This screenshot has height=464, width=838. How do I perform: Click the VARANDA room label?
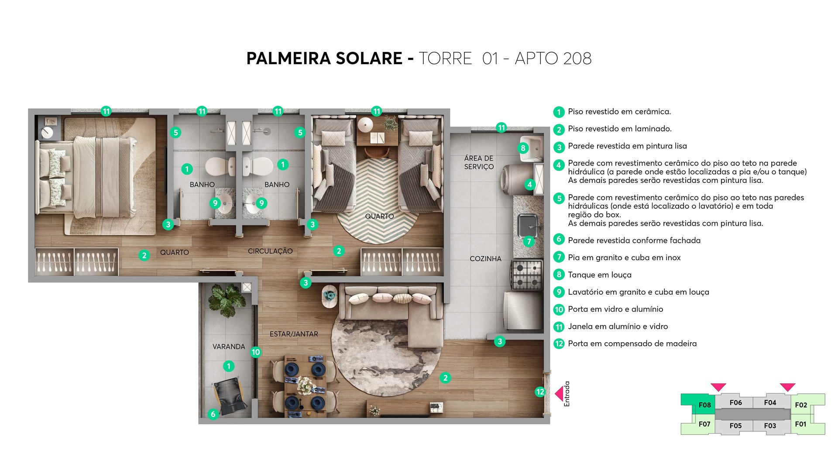coord(229,347)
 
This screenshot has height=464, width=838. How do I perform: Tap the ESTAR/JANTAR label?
coord(294,334)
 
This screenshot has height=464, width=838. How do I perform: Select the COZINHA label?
coord(485,258)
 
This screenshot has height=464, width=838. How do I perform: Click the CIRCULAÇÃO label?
coord(270,251)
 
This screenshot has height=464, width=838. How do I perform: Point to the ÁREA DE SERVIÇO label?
coord(479,162)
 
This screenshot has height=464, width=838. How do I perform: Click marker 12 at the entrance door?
coord(540,392)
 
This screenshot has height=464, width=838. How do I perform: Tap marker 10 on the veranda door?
coord(256,352)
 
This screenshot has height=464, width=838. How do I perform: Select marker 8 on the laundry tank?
coord(523,148)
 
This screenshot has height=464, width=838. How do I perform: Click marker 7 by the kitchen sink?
coord(529,241)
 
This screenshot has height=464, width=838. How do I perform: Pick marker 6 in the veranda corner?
coord(213,414)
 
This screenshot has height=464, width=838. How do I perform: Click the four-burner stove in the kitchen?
coord(527,275)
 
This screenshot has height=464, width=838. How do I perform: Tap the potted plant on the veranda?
coord(227,300)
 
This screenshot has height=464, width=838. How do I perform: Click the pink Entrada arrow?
coord(559,394)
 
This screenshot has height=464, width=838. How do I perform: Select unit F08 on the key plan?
coord(704,405)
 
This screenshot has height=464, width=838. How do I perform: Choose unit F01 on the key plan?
coord(800,424)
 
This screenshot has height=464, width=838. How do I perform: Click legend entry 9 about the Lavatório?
coord(638,292)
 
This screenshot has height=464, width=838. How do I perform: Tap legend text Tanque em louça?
coord(599,275)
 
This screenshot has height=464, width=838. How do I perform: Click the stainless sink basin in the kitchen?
coord(528,225)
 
